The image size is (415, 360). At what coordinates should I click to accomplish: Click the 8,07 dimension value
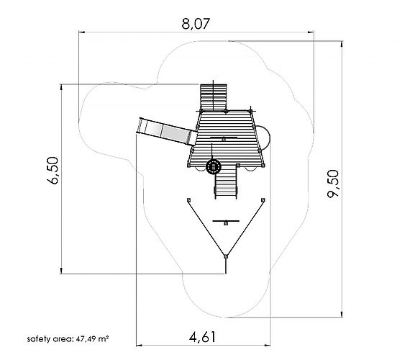click(x=196, y=24)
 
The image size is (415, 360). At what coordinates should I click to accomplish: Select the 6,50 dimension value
click(x=53, y=171)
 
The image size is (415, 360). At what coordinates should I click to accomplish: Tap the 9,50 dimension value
click(x=333, y=184)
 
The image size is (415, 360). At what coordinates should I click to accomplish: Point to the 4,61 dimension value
click(x=203, y=337)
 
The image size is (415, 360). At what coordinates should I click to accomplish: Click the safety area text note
click(x=68, y=339)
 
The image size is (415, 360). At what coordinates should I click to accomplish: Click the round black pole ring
click(x=214, y=166)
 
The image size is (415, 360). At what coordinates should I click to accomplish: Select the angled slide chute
click(x=168, y=131)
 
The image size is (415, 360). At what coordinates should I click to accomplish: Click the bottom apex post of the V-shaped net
click(x=226, y=256)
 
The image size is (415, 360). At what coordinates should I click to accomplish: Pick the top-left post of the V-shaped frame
click(x=188, y=200)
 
